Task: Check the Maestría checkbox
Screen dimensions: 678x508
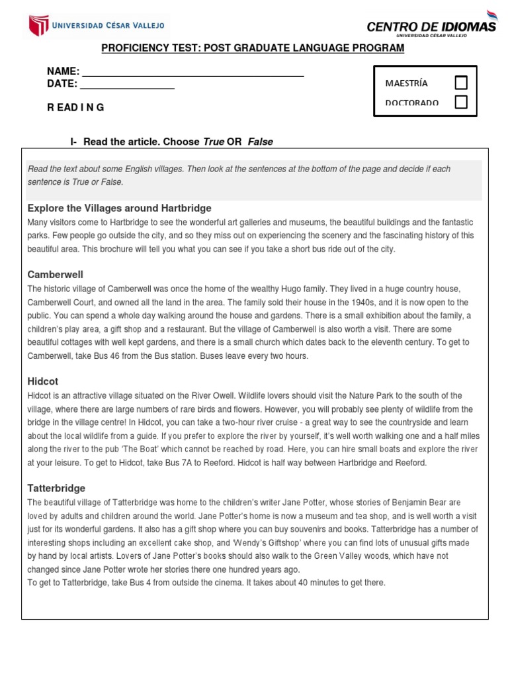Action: (461, 83)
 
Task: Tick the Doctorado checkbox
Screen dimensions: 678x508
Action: (461, 102)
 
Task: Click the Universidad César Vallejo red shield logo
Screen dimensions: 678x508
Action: (38, 26)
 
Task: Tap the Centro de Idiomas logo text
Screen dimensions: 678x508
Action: (431, 26)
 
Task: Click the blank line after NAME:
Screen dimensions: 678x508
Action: (192, 72)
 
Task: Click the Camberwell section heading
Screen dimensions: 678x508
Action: (56, 274)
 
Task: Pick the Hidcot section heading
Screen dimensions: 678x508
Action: (43, 381)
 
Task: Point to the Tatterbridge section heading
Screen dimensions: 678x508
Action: (56, 488)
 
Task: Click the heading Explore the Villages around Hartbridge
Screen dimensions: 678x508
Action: (120, 208)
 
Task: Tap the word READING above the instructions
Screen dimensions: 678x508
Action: (75, 107)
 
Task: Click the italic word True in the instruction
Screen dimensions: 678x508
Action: (214, 142)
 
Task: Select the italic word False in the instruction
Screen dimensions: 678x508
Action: (260, 142)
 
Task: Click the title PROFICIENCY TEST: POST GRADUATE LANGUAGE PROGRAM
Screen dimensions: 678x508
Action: (252, 48)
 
